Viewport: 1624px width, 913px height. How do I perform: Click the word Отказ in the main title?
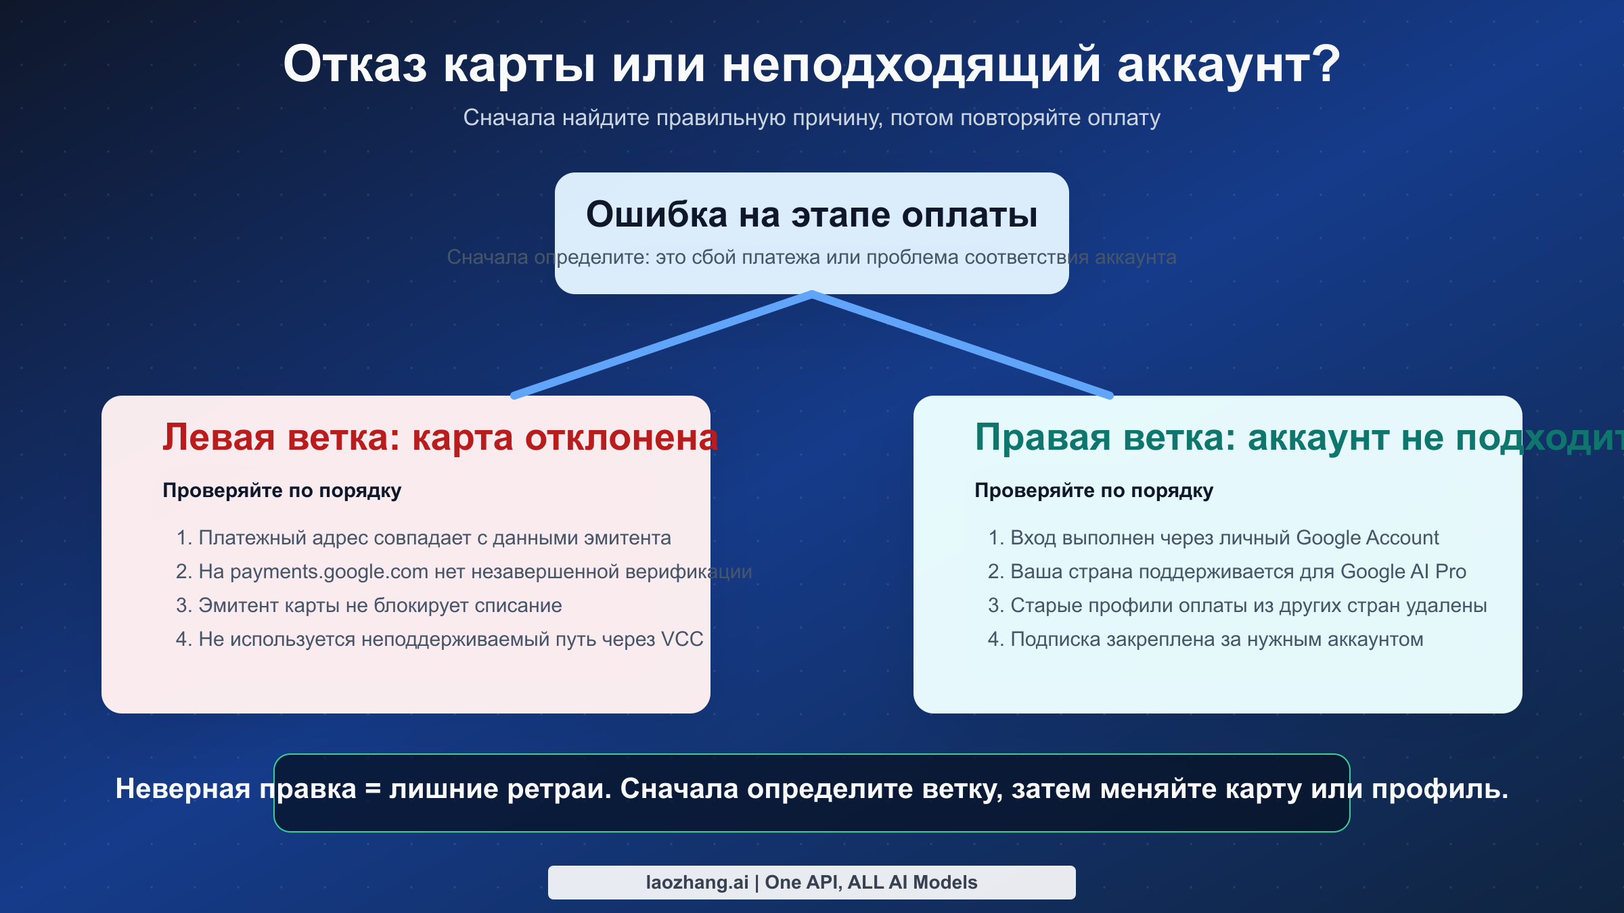coord(355,66)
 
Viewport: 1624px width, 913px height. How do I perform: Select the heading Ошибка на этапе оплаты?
coord(811,215)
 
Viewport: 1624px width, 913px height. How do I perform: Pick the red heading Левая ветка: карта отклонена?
coord(440,438)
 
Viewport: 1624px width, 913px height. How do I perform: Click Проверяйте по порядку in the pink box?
coord(281,490)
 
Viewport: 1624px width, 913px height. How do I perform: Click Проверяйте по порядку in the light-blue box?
coord(1093,490)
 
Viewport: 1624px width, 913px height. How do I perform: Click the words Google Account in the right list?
coord(1367,538)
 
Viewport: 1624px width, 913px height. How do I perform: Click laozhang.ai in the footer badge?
coord(696,883)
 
